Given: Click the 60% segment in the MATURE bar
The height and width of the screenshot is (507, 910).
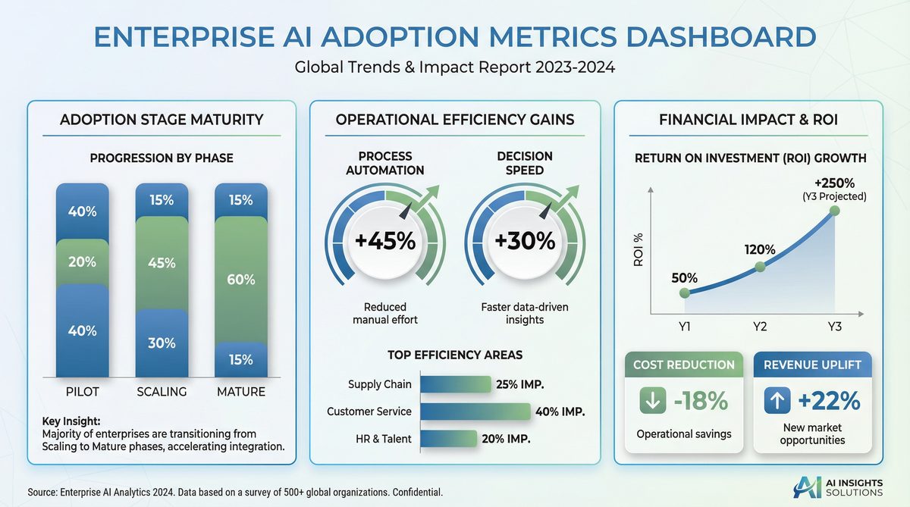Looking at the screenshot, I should pos(240,279).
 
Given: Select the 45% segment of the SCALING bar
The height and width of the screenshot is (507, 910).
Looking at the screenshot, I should pos(161,263).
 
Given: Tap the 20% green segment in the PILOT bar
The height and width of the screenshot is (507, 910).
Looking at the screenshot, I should pos(82,261).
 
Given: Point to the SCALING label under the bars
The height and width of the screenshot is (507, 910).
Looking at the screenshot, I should pos(161,392).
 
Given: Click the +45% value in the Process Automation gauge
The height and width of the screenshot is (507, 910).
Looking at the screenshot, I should pos(385,241).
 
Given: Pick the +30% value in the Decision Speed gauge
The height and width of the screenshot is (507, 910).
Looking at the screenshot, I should pos(525,241).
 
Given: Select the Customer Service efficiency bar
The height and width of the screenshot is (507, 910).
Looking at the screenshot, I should pos(475,412).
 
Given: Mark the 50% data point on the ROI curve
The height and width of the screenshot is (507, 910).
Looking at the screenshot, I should pos(685,293).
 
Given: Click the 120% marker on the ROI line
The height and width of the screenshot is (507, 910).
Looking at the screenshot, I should pos(760,267).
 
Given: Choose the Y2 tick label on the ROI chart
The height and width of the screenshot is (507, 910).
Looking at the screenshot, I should pos(760,326).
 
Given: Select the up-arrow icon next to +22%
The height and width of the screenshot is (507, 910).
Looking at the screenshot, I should pos(777,401).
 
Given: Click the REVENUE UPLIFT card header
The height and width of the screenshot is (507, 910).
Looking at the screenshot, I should pos(812,365).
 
